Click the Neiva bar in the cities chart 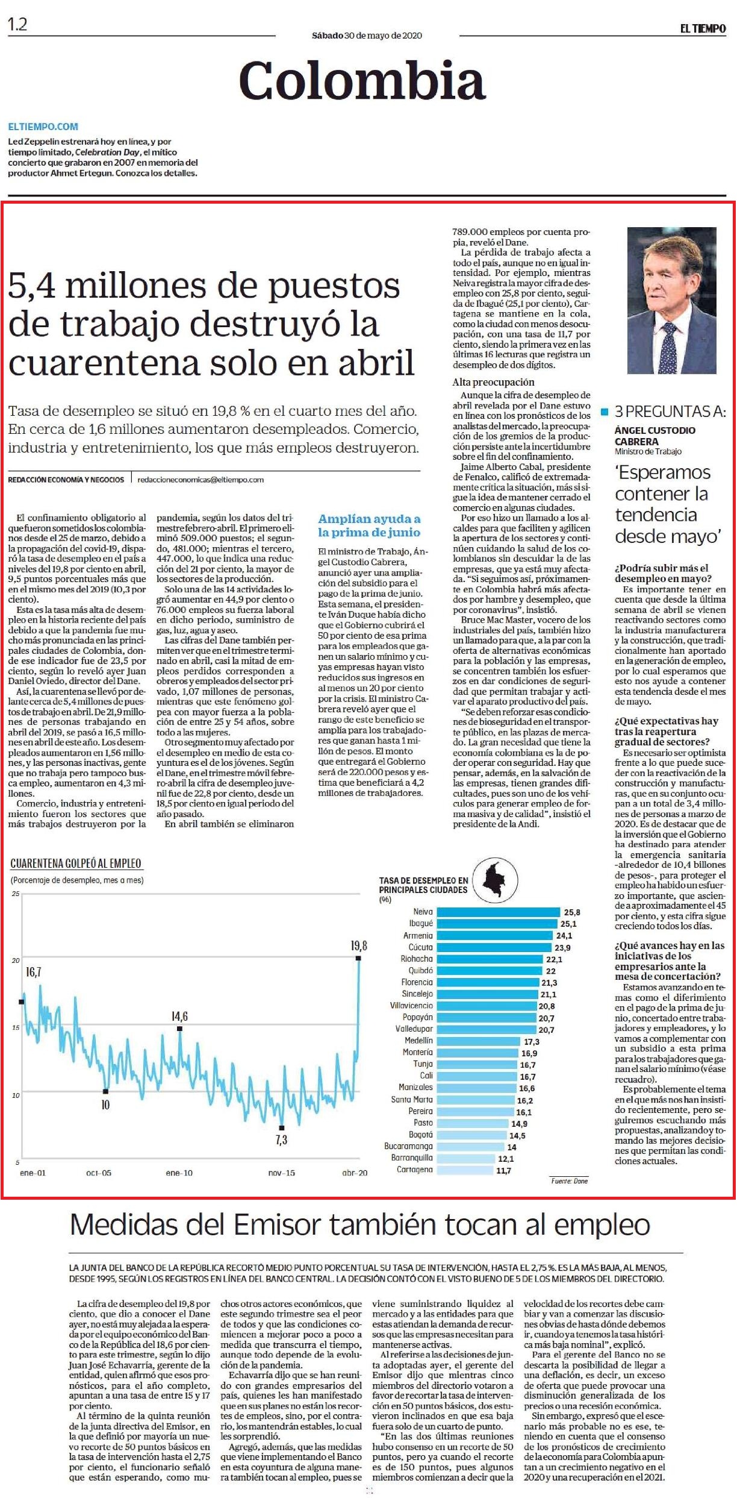point(499,912)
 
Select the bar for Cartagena point(465,1170)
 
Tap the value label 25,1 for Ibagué point(568,924)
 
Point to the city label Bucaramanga point(408,1146)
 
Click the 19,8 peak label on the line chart point(359,945)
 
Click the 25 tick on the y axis point(16,893)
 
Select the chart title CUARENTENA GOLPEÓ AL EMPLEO point(76,863)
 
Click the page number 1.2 point(17,25)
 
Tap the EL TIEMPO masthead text point(703,28)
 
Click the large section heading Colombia point(362,81)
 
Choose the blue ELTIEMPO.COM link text point(43,127)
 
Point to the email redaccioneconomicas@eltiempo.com point(201,480)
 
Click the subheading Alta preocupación point(493,382)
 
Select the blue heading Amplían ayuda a point(369,519)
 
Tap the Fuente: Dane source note point(569,1180)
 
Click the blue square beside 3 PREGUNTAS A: point(605,413)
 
